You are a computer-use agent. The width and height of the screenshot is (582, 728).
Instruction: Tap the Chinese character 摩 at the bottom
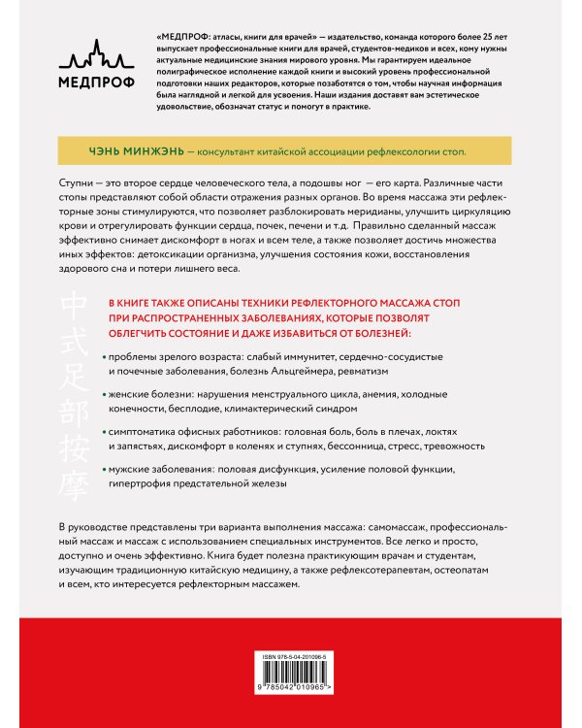click(73, 473)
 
